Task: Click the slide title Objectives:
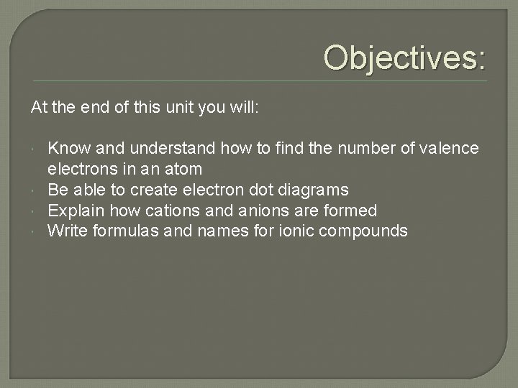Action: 404,57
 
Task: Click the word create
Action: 153,190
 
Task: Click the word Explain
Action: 73,211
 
